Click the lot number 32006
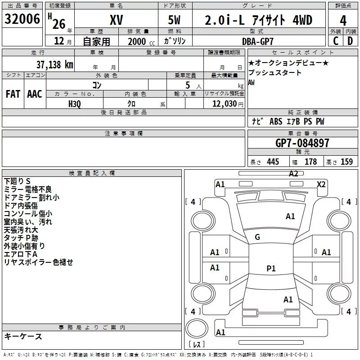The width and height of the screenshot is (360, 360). pos(22,19)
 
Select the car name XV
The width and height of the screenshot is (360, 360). pos(117,20)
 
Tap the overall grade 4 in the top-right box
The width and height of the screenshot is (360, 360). pos(343,21)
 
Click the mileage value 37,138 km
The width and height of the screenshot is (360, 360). pos(54,64)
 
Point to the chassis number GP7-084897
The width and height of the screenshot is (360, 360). pos(302,143)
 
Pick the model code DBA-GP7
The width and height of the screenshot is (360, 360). pos(258,41)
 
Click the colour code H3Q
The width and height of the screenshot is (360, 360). pos(75,104)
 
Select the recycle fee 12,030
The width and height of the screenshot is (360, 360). pos(224,104)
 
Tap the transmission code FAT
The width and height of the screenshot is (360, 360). pos(13,94)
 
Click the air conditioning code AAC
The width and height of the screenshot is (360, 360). pos(35,94)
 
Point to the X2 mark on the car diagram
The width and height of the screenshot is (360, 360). pos(321,184)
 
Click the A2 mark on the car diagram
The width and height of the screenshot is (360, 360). pos(293,174)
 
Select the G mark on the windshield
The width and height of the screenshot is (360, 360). pos(257,237)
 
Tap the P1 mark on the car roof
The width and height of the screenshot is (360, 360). pos(271,268)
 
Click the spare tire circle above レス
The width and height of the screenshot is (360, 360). pos(197,328)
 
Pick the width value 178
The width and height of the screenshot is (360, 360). pos(310,162)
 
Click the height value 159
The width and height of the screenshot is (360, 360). pos(346,162)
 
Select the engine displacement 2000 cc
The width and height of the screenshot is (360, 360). pos(141,41)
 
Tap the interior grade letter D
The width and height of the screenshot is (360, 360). pos(350,41)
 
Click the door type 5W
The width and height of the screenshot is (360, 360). pos(174,20)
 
